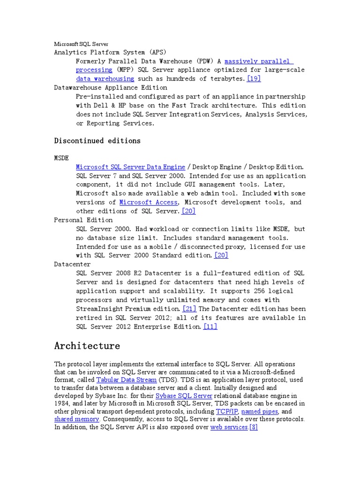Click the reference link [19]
(254, 79)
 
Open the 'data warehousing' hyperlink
(105, 79)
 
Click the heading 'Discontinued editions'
(97, 141)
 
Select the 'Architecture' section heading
(87, 346)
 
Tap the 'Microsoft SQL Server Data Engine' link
(130, 167)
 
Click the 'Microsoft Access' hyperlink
(149, 202)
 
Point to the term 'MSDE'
(62, 158)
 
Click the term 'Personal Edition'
(83, 220)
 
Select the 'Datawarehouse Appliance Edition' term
(110, 88)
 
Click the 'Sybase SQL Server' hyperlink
(180, 396)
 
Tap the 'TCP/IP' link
(226, 412)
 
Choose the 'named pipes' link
(260, 412)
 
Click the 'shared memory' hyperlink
(76, 419)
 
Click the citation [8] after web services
(254, 427)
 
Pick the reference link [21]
(189, 309)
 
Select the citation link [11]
(210, 327)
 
